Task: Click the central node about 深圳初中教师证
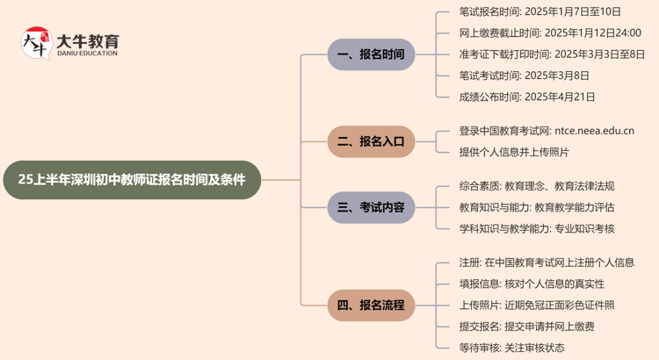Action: point(132,180)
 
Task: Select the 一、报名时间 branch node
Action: point(371,54)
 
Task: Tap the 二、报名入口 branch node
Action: point(371,141)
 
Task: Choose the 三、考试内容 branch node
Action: point(371,207)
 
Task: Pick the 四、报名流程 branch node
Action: point(371,305)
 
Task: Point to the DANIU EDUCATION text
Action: point(86,54)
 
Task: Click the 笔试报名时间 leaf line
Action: point(540,11)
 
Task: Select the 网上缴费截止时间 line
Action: point(549,32)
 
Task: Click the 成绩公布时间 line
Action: point(526,97)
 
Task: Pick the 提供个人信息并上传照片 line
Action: point(513,152)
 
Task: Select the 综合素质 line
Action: point(536,186)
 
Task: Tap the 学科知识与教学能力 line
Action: point(536,228)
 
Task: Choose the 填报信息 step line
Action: point(532,284)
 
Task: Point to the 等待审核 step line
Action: point(511,348)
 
